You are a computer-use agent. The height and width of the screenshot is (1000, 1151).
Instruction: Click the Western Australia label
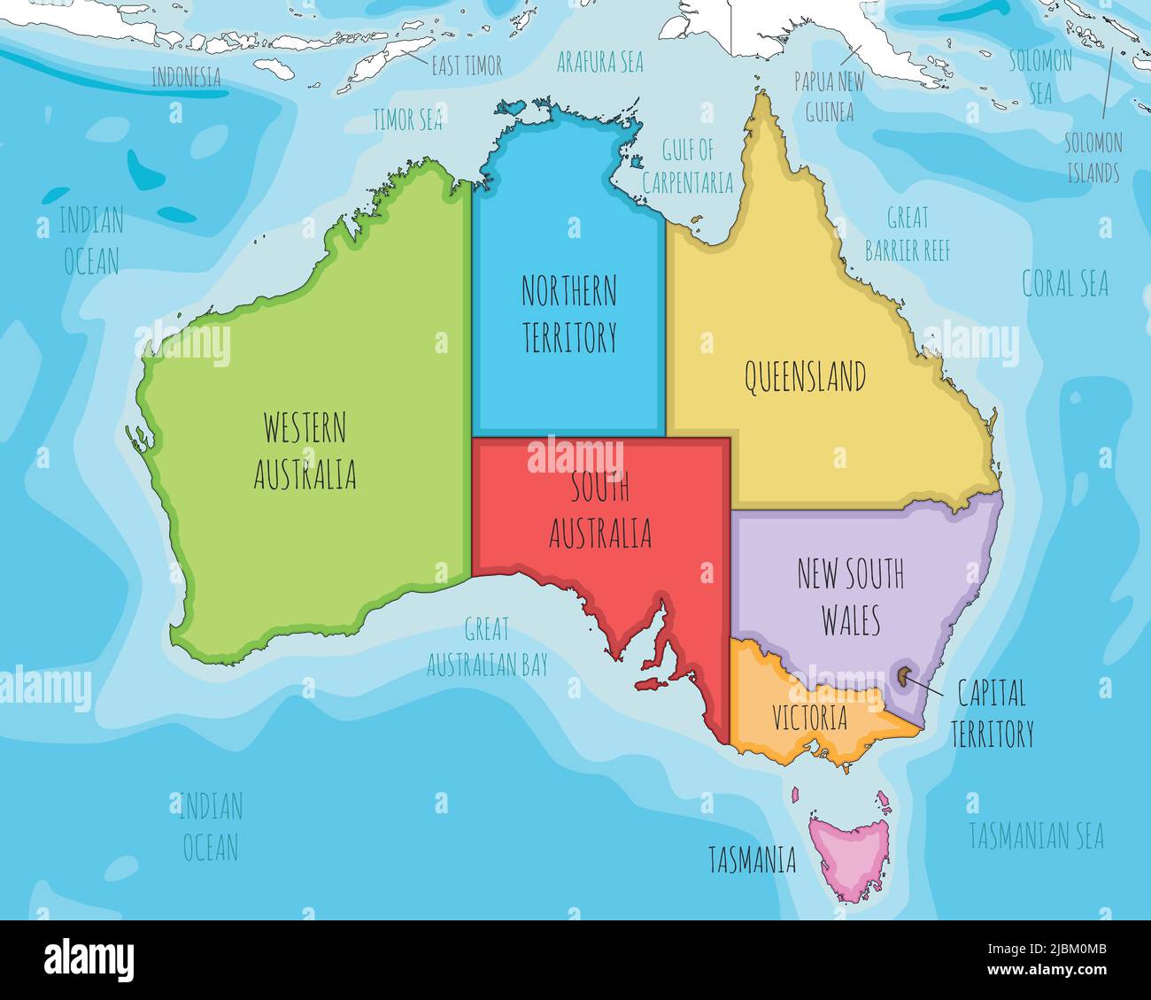click(x=305, y=451)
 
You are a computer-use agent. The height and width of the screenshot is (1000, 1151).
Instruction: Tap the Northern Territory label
click(x=568, y=313)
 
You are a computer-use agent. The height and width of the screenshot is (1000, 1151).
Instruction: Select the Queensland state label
click(x=804, y=378)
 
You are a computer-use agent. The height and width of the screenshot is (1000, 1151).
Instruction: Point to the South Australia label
click(x=600, y=511)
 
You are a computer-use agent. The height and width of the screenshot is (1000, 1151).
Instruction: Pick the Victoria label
click(x=809, y=718)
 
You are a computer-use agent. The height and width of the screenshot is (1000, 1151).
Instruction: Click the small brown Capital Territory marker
click(x=902, y=677)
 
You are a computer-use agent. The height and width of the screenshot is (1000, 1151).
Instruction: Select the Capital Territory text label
click(x=992, y=713)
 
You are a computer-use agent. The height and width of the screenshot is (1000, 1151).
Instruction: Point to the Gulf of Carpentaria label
click(x=687, y=165)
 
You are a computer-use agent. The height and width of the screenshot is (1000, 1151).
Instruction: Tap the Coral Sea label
click(x=1065, y=284)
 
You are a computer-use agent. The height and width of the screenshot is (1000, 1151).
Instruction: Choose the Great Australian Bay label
click(x=487, y=648)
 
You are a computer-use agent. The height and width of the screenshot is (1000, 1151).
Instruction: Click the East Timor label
click(x=467, y=65)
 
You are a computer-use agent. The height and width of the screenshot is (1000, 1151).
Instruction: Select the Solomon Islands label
click(x=1093, y=158)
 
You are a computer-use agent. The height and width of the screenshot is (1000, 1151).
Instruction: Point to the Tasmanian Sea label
click(x=1036, y=835)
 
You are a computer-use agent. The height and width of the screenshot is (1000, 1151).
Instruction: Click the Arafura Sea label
click(x=599, y=62)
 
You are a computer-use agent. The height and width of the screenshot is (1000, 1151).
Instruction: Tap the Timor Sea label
click(x=406, y=120)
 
